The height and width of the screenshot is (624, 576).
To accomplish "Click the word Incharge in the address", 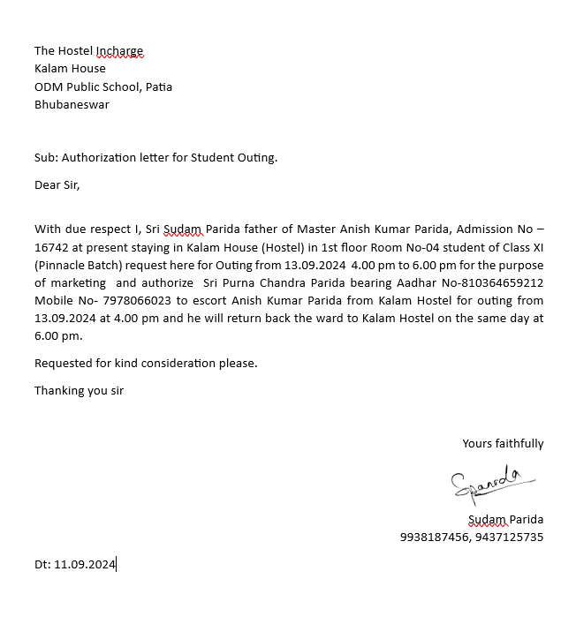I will coord(118,51).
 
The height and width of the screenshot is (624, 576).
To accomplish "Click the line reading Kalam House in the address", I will coord(70,69).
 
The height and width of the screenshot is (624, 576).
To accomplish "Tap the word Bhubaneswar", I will coord(72,104).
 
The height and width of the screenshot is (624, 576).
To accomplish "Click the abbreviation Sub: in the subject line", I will coord(46,158).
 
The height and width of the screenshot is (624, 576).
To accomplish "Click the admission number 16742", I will coord(52,248).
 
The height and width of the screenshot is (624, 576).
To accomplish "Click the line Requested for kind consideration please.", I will coord(146,364).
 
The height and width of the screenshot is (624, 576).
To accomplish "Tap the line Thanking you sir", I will coord(79,390).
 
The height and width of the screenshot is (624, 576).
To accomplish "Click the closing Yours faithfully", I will coord(503,444).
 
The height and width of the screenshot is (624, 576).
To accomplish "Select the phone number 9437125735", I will coord(511,537).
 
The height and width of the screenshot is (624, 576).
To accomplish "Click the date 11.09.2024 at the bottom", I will coord(85,564).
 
